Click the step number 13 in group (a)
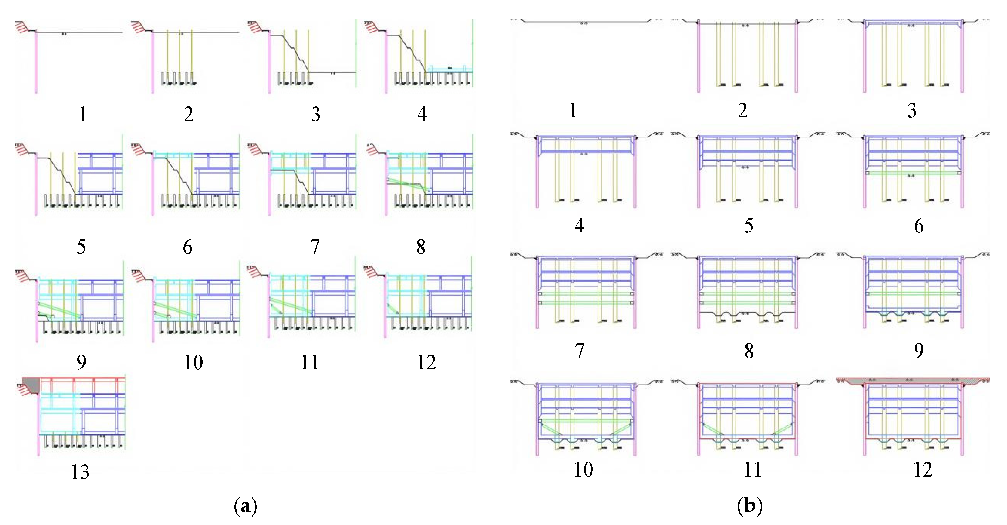point(80,472)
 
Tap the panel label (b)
point(749,506)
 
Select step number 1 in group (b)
point(573,111)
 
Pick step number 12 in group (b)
point(922,469)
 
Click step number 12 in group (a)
point(426,362)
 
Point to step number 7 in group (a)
point(315,247)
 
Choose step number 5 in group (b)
point(748,226)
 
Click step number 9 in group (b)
point(919,351)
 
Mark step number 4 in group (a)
point(421,114)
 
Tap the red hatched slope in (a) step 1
point(22,27)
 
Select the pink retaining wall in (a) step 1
point(36,63)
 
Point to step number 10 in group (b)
point(583,469)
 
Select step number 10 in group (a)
point(193,362)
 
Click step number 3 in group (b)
point(912,111)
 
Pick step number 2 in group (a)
point(188,114)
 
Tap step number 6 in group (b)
point(919,226)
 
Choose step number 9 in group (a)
point(81,362)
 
